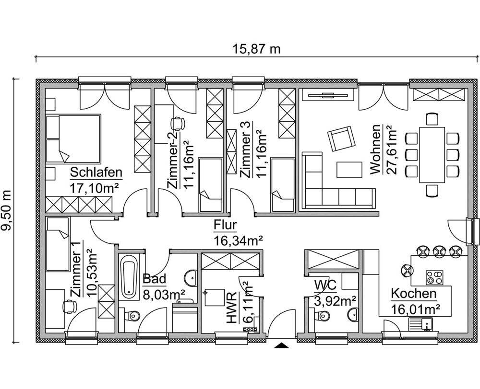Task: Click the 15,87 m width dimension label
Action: point(256,48)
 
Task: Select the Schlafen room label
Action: point(96,172)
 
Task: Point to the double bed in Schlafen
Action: point(73,139)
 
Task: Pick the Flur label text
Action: point(225,225)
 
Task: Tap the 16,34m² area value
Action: point(238,241)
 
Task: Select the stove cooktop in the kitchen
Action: point(434,278)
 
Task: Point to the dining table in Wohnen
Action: point(432,155)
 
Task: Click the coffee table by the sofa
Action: point(349,169)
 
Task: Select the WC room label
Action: point(325,285)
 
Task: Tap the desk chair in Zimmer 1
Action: point(70,306)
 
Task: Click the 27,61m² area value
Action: point(391,149)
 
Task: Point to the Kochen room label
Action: point(414,294)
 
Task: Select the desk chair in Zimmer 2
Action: point(178,124)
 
